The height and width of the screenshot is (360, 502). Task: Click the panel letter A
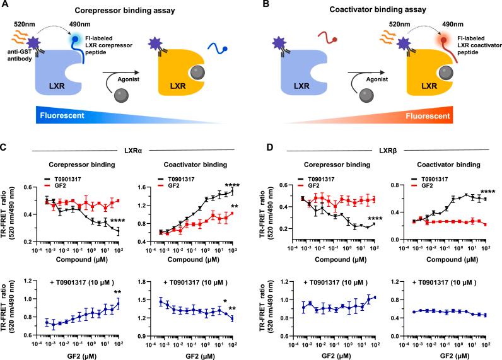tap(5, 5)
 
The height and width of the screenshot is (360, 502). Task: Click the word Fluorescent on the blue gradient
tap(46, 115)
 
